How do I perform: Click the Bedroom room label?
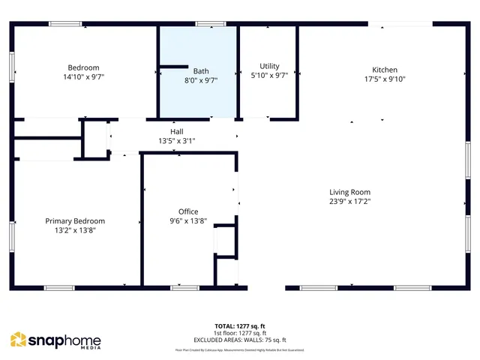click(x=83, y=67)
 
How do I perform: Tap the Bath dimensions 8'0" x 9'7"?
click(x=201, y=81)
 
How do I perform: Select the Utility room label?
click(x=269, y=66)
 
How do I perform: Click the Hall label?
click(x=176, y=131)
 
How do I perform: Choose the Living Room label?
click(x=349, y=192)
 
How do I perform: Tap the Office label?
click(x=188, y=211)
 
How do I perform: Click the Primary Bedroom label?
click(x=75, y=221)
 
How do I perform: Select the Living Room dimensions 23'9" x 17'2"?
click(x=349, y=201)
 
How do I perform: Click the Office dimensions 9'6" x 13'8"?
click(x=188, y=220)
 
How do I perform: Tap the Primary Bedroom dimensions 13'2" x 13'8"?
click(x=75, y=230)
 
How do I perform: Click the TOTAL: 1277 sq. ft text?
click(x=240, y=326)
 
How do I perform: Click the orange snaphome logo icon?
click(x=18, y=340)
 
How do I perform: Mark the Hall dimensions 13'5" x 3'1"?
click(x=176, y=140)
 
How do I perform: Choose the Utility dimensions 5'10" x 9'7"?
click(x=269, y=75)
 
